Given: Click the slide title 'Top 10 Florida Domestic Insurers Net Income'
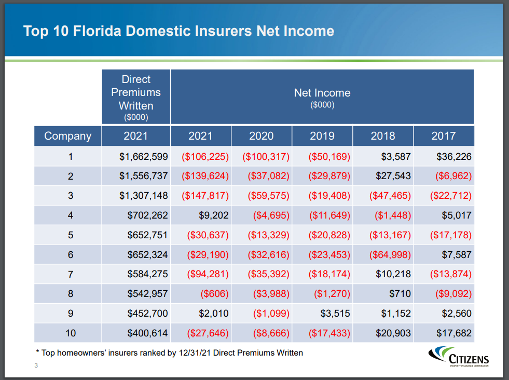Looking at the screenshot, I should point(178,31).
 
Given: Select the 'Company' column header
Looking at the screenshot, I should point(67,136).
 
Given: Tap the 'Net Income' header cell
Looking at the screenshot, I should point(322,97).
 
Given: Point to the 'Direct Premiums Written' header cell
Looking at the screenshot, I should point(136,97).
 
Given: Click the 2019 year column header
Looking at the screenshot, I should point(322,136).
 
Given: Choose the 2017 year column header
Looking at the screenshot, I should point(444,136).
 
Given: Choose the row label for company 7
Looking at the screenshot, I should point(71,275).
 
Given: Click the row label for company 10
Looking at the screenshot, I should point(71,333).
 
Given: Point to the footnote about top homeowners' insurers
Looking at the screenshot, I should point(169,353).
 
